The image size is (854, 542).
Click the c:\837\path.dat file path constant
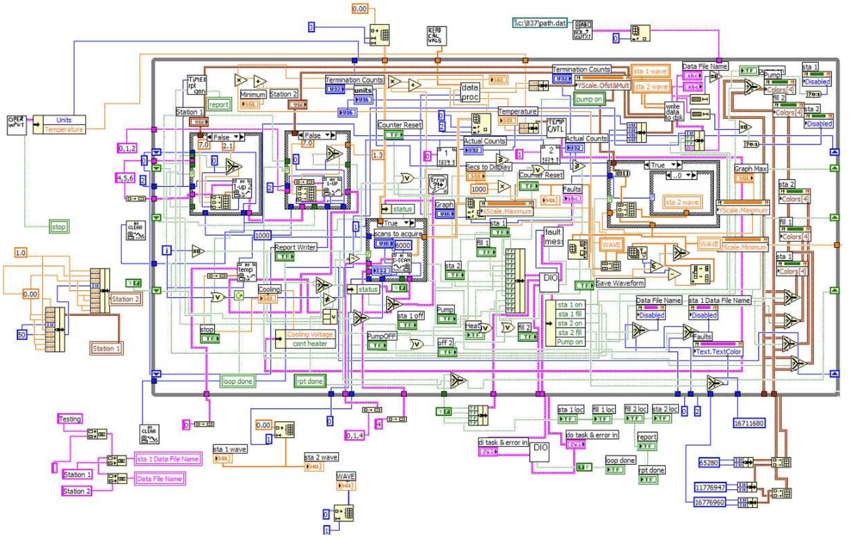540,23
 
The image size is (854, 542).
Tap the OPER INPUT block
16,124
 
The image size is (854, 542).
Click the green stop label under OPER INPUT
58,227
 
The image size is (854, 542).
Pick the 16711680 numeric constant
749,423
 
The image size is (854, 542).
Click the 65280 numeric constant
709,463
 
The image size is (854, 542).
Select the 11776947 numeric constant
710,487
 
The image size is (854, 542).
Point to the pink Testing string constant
70,419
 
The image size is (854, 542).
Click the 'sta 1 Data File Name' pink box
168,459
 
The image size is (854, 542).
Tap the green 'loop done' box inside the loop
237,381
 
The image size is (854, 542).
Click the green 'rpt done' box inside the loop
309,381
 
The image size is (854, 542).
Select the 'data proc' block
470,92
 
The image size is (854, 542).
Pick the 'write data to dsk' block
674,112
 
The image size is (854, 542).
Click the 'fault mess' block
553,237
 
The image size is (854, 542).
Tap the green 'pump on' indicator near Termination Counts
588,99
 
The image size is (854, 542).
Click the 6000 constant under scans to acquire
402,245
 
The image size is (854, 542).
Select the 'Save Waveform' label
620,283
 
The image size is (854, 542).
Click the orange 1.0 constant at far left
20,252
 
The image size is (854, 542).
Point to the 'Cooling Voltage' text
310,334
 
